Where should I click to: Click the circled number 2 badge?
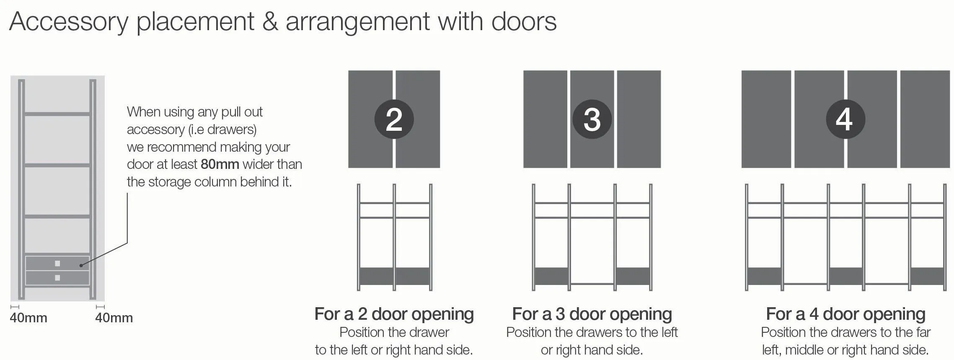(394, 119)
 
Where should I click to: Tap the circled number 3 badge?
(592, 119)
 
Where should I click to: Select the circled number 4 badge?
(845, 119)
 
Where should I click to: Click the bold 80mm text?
(220, 164)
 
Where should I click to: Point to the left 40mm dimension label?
(28, 318)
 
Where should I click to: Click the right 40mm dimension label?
(114, 318)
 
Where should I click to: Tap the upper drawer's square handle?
(57, 264)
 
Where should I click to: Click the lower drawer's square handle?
(57, 278)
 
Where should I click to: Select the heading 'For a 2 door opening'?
(394, 314)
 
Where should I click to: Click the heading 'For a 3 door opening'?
(592, 314)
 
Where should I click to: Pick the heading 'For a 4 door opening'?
(845, 314)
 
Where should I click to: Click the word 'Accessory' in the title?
(69, 22)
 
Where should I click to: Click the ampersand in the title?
(270, 21)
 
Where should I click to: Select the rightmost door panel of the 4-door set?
(925, 119)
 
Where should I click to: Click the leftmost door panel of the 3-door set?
(545, 119)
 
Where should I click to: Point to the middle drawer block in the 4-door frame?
(845, 276)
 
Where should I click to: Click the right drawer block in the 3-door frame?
(632, 276)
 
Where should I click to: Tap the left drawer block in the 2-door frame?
(376, 276)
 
